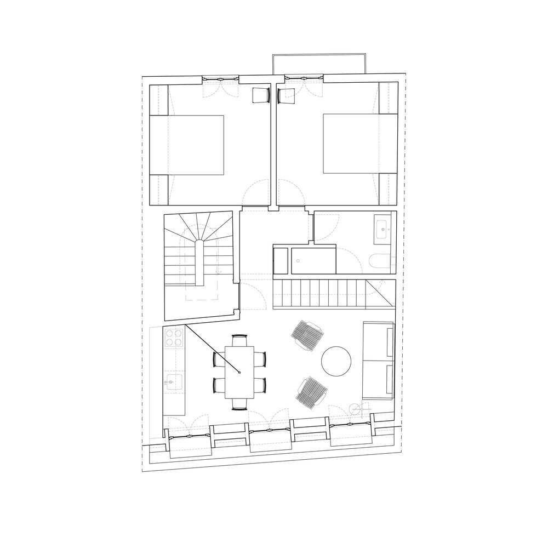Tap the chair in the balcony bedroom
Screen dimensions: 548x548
[286, 95]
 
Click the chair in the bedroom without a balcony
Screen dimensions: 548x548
[260, 95]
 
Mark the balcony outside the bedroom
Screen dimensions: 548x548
[318, 64]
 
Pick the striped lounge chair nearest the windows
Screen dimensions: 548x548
[311, 390]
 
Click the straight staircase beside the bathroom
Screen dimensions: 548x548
[329, 294]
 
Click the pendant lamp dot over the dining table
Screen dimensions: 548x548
[240, 373]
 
